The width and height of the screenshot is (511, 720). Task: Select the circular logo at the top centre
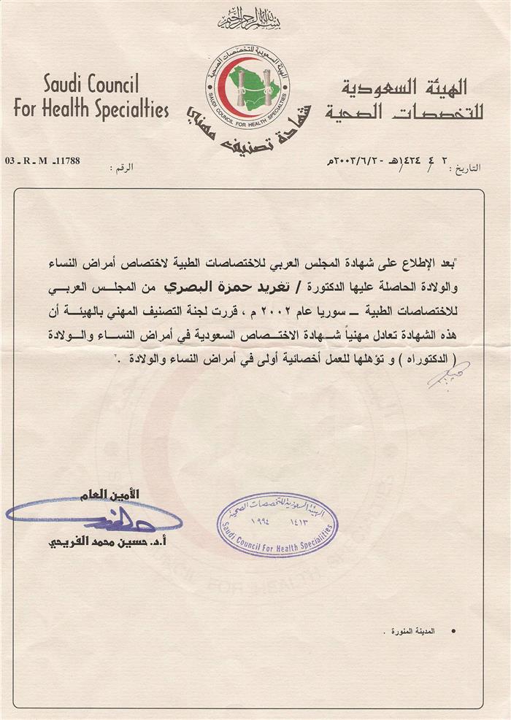pos(247,86)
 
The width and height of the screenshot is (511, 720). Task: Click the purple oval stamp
pos(278,524)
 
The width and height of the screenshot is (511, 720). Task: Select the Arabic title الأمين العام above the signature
pos(115,495)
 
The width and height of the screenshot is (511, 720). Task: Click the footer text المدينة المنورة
pos(422,631)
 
